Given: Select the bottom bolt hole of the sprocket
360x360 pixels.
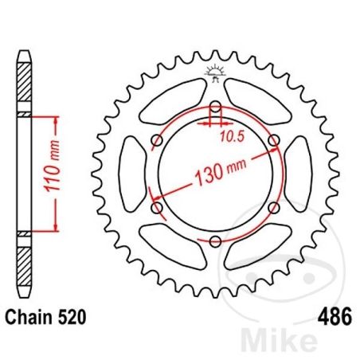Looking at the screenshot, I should coord(216,241).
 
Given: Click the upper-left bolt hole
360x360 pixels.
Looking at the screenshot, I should coord(156,142).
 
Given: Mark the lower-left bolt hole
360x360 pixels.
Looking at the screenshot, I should coord(156,208).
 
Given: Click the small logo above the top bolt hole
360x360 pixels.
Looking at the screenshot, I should coord(215,72).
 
